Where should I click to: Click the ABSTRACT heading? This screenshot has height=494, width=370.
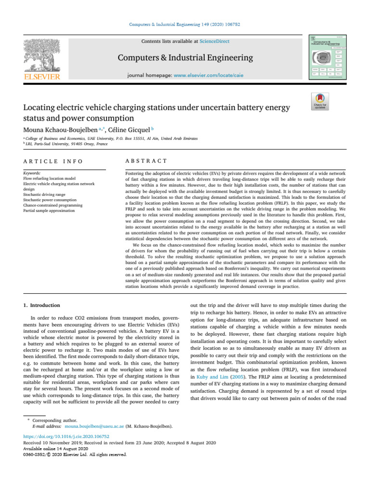click(x=146, y=161)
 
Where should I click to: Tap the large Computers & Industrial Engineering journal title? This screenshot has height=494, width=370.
click(x=185, y=58)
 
